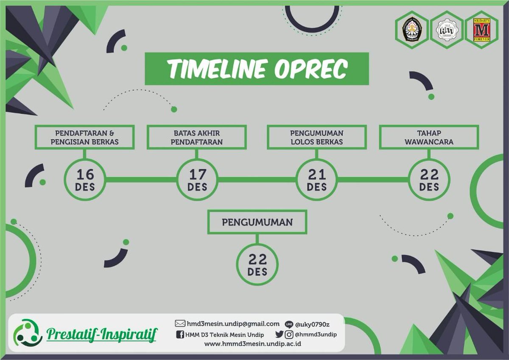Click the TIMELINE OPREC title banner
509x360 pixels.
click(x=257, y=69)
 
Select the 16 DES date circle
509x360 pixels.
click(x=85, y=180)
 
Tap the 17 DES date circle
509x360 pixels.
click(x=197, y=180)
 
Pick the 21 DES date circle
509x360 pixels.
click(x=317, y=180)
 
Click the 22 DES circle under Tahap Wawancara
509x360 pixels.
click(x=429, y=180)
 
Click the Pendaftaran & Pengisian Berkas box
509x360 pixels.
click(x=85, y=137)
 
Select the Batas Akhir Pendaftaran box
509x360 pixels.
click(x=197, y=137)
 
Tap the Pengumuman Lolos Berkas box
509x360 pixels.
click(x=317, y=137)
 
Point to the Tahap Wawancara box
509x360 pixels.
click(x=429, y=137)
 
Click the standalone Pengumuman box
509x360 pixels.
click(x=257, y=222)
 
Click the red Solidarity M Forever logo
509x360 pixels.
click(x=481, y=30)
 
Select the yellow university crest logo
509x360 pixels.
click(x=411, y=30)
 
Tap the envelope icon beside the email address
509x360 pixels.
click(x=180, y=324)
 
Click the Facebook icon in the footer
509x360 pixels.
click(x=180, y=335)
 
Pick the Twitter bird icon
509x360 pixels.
click(x=279, y=335)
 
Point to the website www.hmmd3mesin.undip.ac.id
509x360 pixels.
click(x=253, y=344)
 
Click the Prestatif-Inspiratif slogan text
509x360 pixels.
click(x=101, y=335)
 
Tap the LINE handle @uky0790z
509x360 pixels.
click(x=313, y=324)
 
